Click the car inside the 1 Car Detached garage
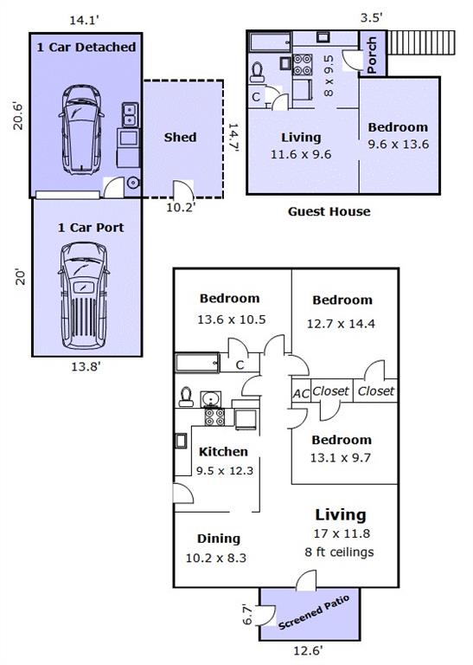[81, 130]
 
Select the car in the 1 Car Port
[83, 295]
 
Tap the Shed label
[180, 138]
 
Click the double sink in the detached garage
[130, 115]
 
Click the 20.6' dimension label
[18, 115]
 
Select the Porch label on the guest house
[371, 55]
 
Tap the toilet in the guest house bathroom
[257, 73]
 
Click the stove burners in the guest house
[303, 65]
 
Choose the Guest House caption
[329, 211]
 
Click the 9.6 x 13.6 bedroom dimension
[398, 145]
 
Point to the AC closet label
[301, 394]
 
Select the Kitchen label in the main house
[223, 452]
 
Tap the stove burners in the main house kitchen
[214, 416]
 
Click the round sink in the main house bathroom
[210, 399]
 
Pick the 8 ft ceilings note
[339, 552]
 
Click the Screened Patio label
[314, 612]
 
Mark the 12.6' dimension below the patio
[309, 650]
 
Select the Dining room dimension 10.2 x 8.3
[216, 558]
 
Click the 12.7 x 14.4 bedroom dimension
[341, 324]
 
